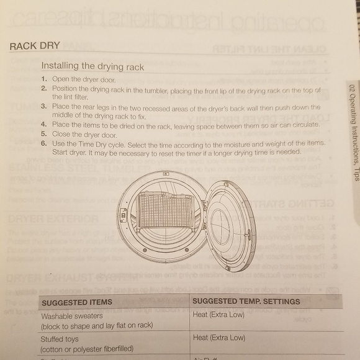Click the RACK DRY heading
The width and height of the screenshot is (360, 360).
click(x=35, y=46)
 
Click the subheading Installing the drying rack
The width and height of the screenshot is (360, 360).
click(x=92, y=66)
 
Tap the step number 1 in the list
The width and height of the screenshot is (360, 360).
click(x=44, y=79)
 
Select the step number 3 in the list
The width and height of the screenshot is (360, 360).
click(x=44, y=107)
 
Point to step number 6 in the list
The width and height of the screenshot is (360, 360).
click(x=44, y=143)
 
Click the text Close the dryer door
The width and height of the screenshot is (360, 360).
click(x=84, y=134)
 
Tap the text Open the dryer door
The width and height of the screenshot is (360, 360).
click(x=84, y=79)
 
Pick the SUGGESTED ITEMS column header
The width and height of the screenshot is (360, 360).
click(x=77, y=302)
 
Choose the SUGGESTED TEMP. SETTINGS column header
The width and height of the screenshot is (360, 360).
click(x=246, y=301)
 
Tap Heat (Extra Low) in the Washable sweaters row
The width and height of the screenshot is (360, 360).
click(x=219, y=315)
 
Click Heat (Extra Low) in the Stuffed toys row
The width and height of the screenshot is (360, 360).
click(x=219, y=338)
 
